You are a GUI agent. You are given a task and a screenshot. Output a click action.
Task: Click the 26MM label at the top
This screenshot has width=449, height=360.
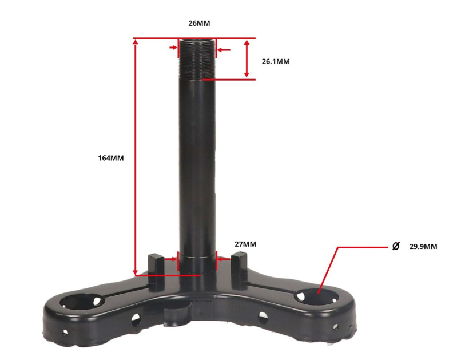[199, 23]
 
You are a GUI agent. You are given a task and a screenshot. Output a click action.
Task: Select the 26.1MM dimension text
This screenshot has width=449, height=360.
[276, 61]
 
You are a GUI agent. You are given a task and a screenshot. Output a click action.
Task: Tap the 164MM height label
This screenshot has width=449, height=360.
[111, 158]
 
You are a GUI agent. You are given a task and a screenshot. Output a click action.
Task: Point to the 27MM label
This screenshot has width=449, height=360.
[245, 244]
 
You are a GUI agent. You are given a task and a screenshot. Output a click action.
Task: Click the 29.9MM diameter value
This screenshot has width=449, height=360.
[423, 247]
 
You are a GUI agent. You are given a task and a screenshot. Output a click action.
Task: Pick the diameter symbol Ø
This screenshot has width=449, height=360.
[396, 246]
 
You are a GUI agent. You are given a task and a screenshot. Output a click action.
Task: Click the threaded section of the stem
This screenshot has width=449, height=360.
[197, 59]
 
